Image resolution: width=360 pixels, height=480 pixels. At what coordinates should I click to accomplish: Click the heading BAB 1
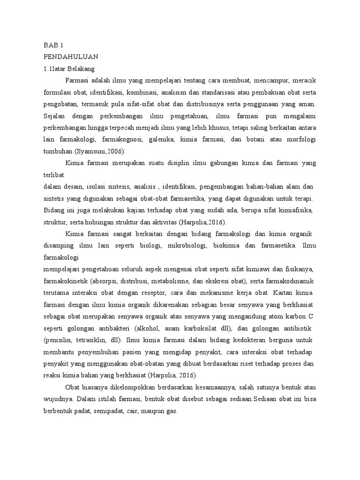[53, 45]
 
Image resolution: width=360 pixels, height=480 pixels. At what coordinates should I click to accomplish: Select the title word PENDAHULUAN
[70, 57]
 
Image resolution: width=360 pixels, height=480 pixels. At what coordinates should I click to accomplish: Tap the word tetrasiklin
[99, 339]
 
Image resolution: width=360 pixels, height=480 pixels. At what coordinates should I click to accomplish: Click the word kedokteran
[248, 339]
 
